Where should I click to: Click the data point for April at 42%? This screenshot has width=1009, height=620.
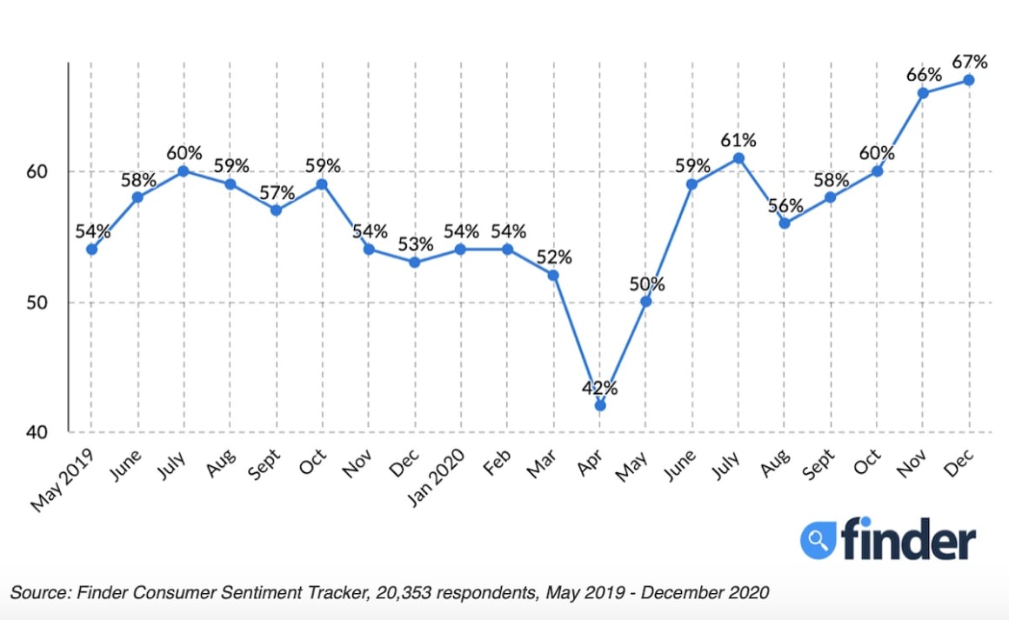click(x=599, y=405)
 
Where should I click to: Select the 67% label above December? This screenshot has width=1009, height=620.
click(x=970, y=62)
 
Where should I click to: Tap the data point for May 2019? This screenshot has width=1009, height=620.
click(x=91, y=250)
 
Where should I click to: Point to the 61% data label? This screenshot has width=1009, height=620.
click(x=738, y=140)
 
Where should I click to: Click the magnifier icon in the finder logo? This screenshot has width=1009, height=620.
click(x=818, y=540)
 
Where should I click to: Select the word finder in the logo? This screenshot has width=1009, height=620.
click(x=908, y=540)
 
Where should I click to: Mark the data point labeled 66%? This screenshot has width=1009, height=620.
click(x=923, y=93)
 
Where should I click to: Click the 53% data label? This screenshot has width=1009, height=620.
click(x=415, y=243)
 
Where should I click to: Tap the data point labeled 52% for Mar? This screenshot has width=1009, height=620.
click(x=553, y=275)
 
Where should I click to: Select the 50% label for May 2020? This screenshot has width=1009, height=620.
click(x=646, y=283)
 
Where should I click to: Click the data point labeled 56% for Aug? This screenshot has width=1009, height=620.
click(x=784, y=223)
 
